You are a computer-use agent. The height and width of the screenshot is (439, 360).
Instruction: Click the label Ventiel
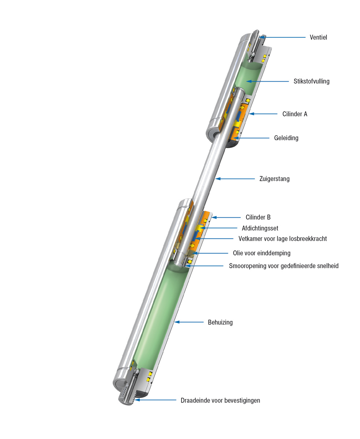pos(318,37)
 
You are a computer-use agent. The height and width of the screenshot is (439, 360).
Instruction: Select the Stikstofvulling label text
pos(311,81)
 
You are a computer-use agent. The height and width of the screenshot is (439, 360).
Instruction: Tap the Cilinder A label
pos(295,114)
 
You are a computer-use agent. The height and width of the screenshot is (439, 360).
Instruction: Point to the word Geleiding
pos(286,138)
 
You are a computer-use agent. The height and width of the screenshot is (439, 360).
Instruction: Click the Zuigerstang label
pos(274,179)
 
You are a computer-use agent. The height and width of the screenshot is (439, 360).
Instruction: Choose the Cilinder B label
pos(258,217)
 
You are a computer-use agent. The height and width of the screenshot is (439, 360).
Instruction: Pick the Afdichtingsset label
pos(260,228)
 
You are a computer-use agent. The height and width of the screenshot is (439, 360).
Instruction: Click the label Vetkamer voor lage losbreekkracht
pos(282,239)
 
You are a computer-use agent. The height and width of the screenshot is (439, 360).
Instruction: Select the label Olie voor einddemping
pos(262,253)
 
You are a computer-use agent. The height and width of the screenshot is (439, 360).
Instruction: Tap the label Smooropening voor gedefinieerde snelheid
pos(284,266)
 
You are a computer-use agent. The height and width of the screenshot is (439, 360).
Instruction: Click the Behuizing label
pos(220,322)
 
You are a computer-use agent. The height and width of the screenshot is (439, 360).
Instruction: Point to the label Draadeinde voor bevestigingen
pos(220,400)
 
